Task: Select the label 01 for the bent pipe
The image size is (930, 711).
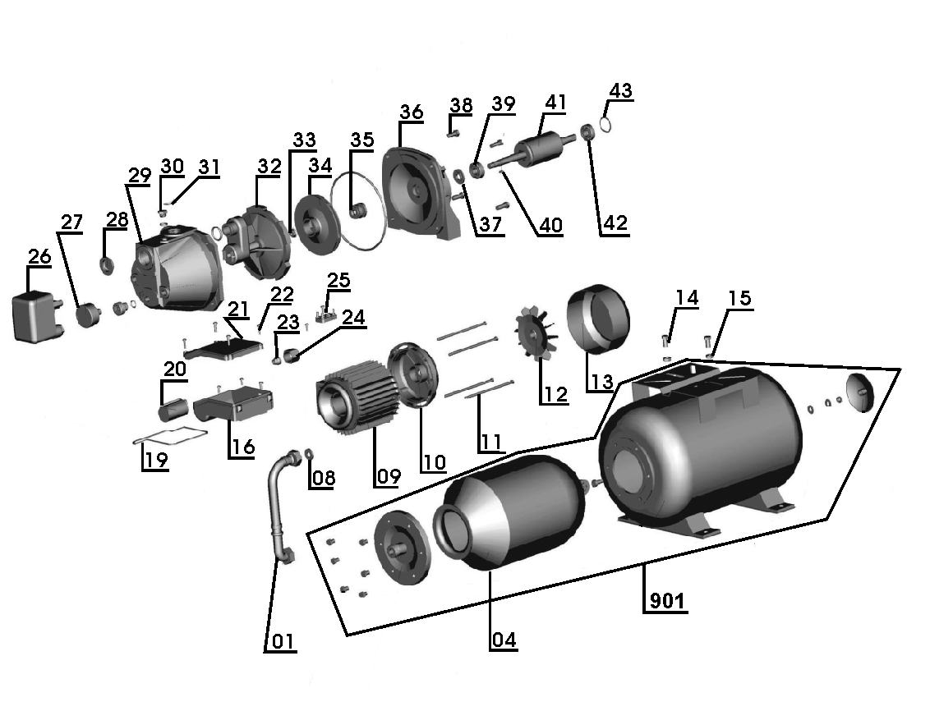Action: (280, 641)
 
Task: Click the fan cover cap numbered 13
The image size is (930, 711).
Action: (599, 319)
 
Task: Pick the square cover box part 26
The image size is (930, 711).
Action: (37, 316)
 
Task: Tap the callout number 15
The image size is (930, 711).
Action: (739, 298)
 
